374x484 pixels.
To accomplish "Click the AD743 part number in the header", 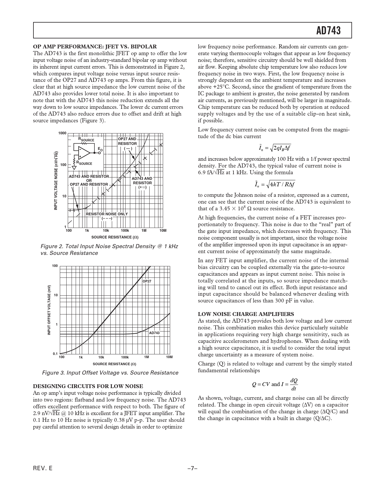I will click(329, 31).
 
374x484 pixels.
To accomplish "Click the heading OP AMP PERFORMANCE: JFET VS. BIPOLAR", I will click(95, 46).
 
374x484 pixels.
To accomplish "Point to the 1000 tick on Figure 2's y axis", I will click(62, 133).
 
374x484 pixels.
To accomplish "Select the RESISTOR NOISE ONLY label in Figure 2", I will click(107, 214).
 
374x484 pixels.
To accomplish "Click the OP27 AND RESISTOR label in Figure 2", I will click(127, 141).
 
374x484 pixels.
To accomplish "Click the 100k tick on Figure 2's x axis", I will click(125, 231).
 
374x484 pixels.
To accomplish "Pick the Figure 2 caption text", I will click(109, 249).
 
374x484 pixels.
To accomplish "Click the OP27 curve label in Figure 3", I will click(147, 281).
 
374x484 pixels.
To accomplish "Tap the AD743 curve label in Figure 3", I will click(154, 333).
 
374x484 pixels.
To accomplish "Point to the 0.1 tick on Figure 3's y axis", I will click(55, 354).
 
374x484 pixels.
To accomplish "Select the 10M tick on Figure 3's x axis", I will click(169, 357).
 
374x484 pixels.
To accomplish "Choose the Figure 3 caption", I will click(110, 373).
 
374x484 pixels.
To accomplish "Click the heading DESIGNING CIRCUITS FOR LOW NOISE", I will click(88, 386).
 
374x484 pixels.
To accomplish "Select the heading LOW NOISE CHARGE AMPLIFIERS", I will click(246, 314).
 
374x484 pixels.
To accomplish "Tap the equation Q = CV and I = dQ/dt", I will click(275, 384).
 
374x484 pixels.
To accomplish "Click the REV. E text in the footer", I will click(43, 468).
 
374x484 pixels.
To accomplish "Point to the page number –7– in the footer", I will click(192, 468).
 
